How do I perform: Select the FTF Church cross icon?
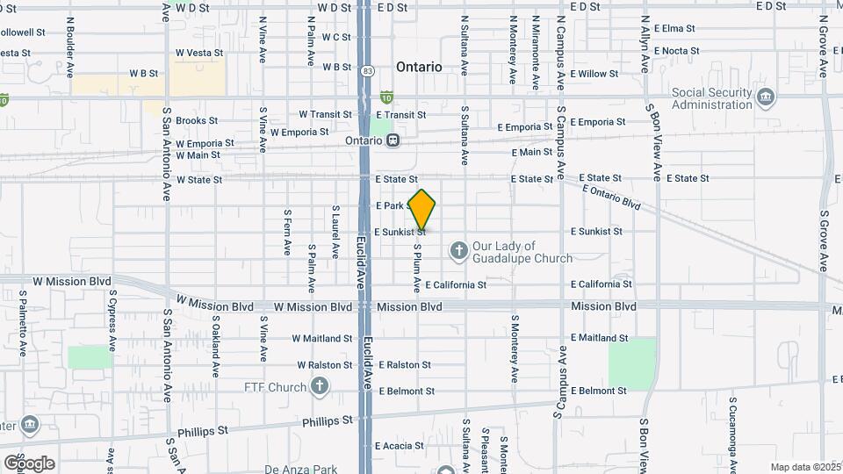click(x=320, y=386)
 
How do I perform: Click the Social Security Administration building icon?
click(x=766, y=96)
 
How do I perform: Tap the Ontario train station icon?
click(x=394, y=140)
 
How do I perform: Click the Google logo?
click(x=29, y=463)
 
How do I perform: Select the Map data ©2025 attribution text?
click(x=804, y=467)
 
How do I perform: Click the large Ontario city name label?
click(x=419, y=67)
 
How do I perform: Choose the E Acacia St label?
click(x=400, y=446)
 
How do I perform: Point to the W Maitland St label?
click(x=322, y=338)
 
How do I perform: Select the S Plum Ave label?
click(x=418, y=269)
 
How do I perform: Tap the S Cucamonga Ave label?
click(x=731, y=431)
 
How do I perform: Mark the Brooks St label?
click(x=197, y=121)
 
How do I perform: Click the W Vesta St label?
click(x=199, y=53)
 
